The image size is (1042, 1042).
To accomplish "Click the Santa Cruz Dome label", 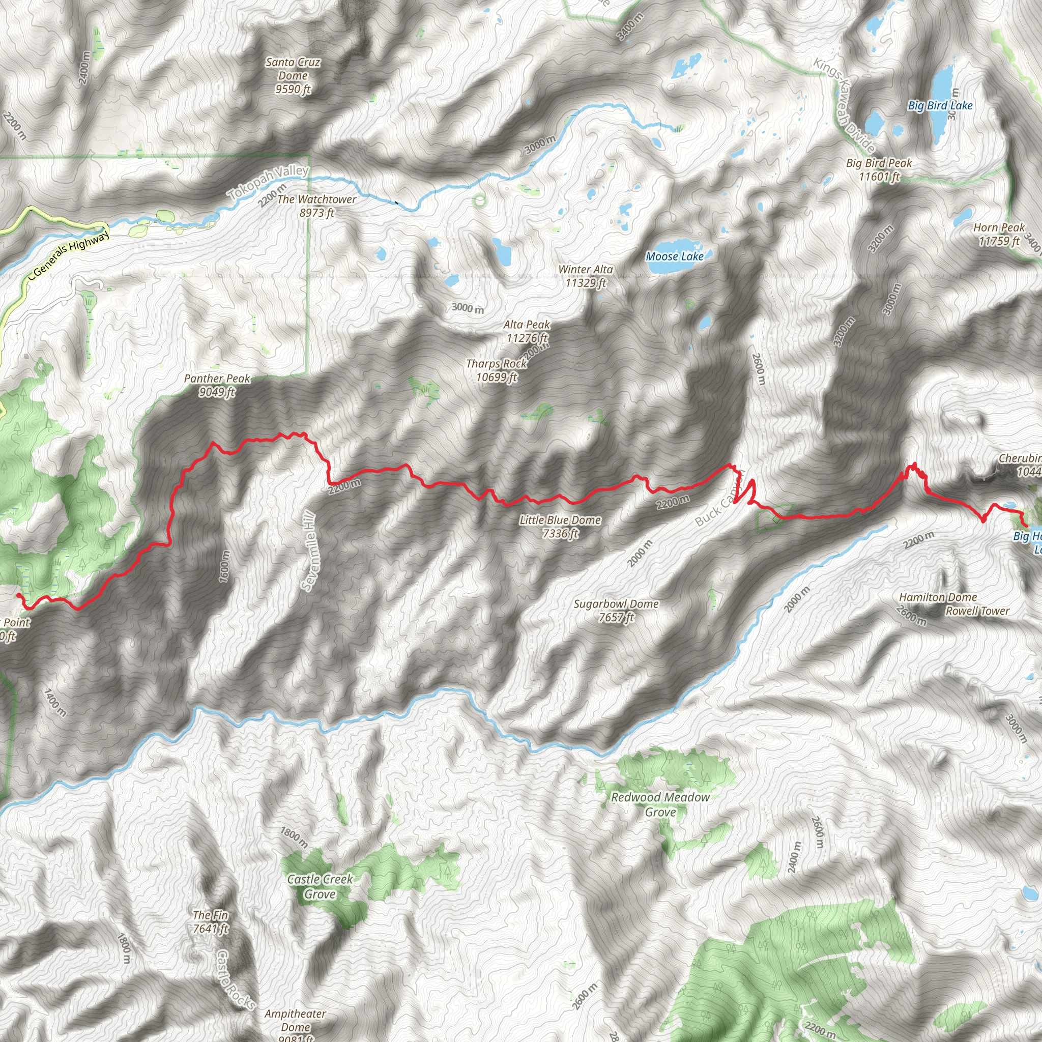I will pos(293,76).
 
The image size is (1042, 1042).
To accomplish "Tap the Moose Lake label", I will pos(674,257).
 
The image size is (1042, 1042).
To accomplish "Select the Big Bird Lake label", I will pos(940,106).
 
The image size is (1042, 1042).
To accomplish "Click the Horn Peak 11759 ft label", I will pos(998,234).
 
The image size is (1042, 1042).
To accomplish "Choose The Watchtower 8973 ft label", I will pos(316,206).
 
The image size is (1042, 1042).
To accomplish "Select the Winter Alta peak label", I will pos(585,276).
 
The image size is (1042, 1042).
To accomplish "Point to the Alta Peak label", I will pos(527,331).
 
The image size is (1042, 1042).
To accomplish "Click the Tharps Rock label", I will pos(496,370).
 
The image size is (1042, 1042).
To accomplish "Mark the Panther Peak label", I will pos(217,385).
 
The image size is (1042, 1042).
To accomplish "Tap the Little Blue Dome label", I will pos(560,527).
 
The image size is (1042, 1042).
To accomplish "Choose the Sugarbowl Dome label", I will pos(616,611).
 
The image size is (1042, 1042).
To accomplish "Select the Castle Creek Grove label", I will pos(320,886).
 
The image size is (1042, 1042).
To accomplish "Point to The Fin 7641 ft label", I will pos(210,922).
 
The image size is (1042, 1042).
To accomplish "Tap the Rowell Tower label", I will pos(977,611).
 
